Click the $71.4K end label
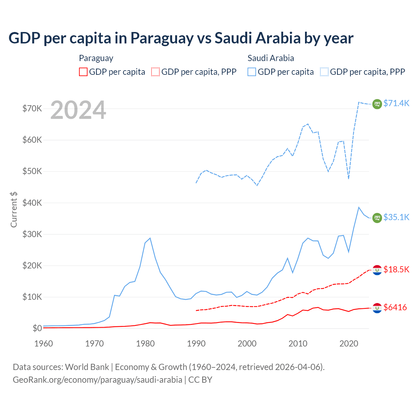396,103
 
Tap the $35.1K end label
396,217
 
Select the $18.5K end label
396,269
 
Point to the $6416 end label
395,307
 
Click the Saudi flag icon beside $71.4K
377,104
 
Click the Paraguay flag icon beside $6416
377,308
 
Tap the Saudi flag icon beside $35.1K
377,218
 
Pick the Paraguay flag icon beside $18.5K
377,270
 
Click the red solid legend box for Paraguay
83,72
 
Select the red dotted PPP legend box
155,72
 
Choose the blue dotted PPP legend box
324,72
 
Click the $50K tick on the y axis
32,171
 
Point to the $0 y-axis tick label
37,328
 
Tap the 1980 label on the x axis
145,344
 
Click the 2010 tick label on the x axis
298,344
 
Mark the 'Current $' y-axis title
14,209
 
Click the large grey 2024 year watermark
78,110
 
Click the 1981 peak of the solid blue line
150,238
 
